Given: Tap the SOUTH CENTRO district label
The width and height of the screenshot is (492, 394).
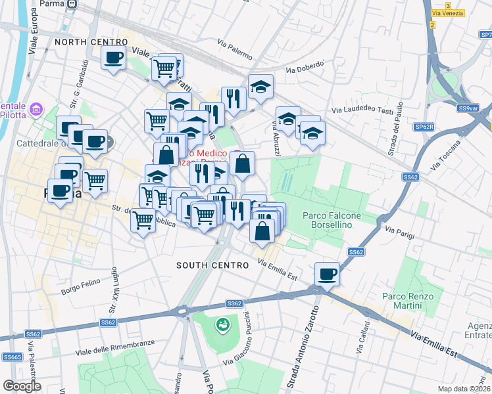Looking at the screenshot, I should pos(212,265).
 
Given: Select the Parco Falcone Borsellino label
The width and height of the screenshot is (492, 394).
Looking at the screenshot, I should pos(335,220).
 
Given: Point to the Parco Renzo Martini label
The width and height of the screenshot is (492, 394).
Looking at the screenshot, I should pos(408,301).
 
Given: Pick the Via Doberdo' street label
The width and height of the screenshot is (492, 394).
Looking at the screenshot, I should pos(305,67).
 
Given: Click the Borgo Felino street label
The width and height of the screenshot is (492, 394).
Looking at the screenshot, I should pos(79,290).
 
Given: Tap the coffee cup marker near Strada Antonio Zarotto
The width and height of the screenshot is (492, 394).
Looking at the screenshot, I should pos(327,274).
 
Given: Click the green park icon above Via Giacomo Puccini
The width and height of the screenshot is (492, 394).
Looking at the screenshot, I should pos(223,324).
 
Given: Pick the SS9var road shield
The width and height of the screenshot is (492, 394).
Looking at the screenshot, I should pos(468,108).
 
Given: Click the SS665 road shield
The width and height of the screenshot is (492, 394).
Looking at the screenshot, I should pos(11,357).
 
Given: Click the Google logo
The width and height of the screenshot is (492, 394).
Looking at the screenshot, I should pos(21,386).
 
